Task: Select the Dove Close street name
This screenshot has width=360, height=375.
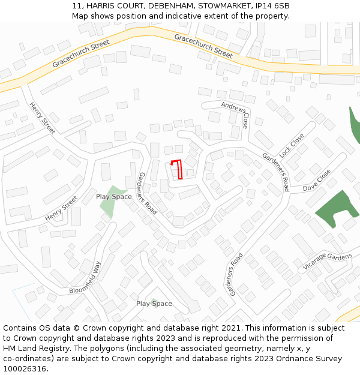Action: pyautogui.click(x=316, y=180)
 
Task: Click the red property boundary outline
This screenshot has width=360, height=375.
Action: pyautogui.click(x=179, y=169)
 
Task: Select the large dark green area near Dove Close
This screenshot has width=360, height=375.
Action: pyautogui.click(x=335, y=209)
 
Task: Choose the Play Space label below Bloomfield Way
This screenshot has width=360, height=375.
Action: pyautogui.click(x=154, y=304)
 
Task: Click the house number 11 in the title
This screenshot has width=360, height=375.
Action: pyautogui.click(x=77, y=5)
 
